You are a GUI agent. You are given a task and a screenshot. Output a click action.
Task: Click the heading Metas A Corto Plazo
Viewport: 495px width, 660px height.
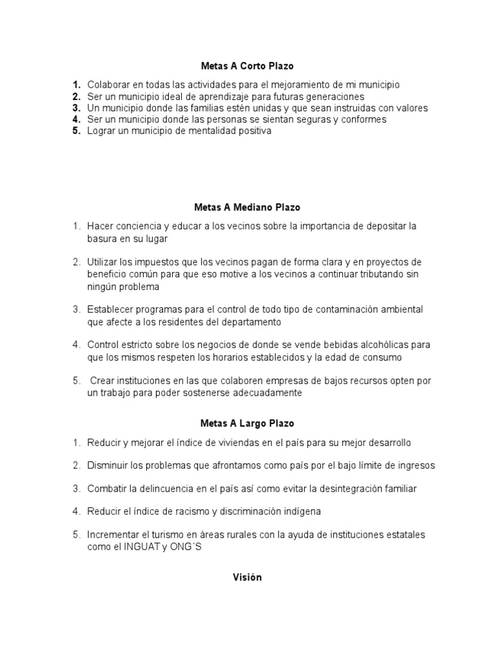(247, 66)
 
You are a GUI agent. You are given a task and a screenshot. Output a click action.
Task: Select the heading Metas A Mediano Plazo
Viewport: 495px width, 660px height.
(247, 208)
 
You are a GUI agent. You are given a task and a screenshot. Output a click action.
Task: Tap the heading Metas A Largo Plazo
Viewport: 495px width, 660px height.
(247, 423)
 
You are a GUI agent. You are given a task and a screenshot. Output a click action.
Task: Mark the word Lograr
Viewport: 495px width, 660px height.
(101, 131)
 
